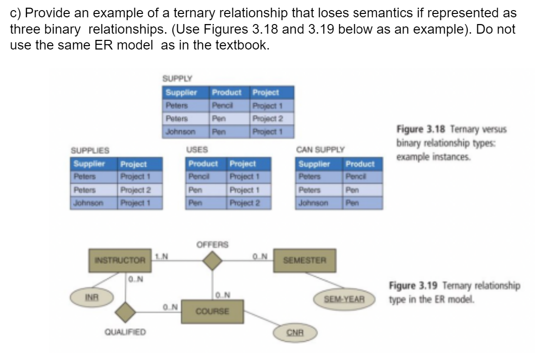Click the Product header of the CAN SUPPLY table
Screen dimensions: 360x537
click(x=360, y=164)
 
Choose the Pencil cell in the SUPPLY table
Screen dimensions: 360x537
click(x=222, y=104)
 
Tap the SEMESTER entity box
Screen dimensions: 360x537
click(x=305, y=260)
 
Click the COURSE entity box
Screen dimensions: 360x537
click(x=211, y=311)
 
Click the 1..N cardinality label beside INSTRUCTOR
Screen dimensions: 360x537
click(x=162, y=255)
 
